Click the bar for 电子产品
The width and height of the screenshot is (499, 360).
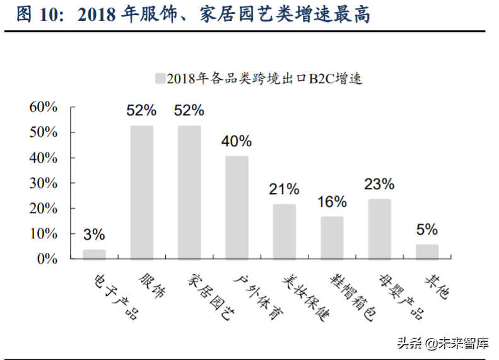pos(94,254)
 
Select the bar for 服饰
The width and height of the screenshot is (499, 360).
pos(142,192)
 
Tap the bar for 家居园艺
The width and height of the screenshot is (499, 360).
pos(189,192)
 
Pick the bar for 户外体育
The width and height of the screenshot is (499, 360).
pos(237,207)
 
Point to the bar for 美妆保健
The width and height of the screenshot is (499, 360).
pos(285,231)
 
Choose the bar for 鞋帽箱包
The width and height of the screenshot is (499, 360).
pos(332,238)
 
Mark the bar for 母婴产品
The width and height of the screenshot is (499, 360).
pos(380,229)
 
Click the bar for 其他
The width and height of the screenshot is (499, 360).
pos(427,252)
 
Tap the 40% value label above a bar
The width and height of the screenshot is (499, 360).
pos(237,141)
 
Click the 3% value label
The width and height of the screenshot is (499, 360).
pos(94,235)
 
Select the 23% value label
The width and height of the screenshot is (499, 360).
pos(380,184)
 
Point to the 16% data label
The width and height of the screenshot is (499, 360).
pos(332,202)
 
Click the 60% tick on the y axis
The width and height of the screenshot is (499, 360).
pos(44,107)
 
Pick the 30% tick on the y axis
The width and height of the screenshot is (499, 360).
pos(44,183)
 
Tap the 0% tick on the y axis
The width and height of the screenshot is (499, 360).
pos(47,258)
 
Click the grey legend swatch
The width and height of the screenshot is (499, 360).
pos(159,78)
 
